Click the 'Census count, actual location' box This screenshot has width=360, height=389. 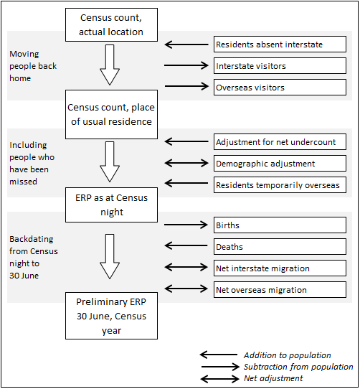coord(110,25)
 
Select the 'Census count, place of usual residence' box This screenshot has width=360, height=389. coord(110,114)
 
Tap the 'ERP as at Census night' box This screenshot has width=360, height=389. coord(110,204)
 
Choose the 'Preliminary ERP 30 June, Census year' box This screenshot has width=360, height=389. coord(110,315)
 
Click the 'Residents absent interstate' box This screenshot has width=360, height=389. coord(280,44)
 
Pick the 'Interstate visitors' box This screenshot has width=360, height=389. coord(280,66)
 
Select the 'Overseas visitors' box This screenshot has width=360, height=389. coord(280,88)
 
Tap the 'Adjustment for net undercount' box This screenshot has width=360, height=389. coord(280,142)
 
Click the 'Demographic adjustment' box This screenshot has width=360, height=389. coord(280,164)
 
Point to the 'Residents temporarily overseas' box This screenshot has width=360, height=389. coord(280,185)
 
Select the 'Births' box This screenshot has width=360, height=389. coord(280,225)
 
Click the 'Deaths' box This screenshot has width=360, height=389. coord(280,247)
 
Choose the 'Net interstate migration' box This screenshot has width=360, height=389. coord(280,268)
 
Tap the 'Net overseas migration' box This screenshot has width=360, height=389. coord(280,290)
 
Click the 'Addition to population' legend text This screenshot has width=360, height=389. coord(287,355)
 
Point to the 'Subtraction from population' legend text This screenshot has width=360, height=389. coord(298,367)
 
